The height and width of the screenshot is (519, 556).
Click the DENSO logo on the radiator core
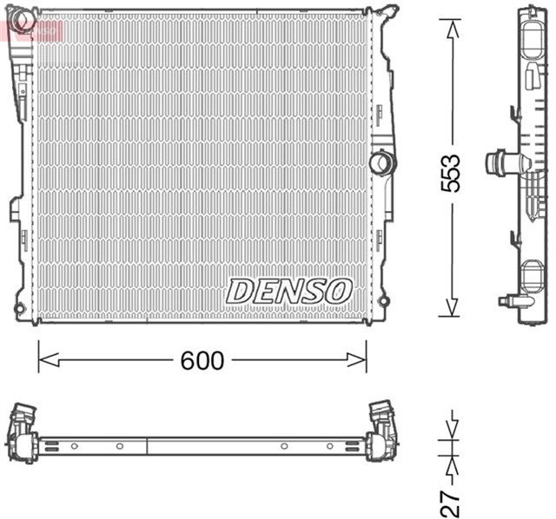pos(289,291)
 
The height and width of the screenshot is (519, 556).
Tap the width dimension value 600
pos(202,360)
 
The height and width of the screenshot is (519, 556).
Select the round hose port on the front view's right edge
pos(380,162)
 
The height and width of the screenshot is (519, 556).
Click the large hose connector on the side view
pos(502,162)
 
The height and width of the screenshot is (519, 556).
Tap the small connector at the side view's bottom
pos(511,301)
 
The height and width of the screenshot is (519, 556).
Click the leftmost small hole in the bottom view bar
pos(74,446)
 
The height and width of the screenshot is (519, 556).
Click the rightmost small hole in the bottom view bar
pos(329,446)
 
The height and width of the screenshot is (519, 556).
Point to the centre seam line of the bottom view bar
pos(149,446)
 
